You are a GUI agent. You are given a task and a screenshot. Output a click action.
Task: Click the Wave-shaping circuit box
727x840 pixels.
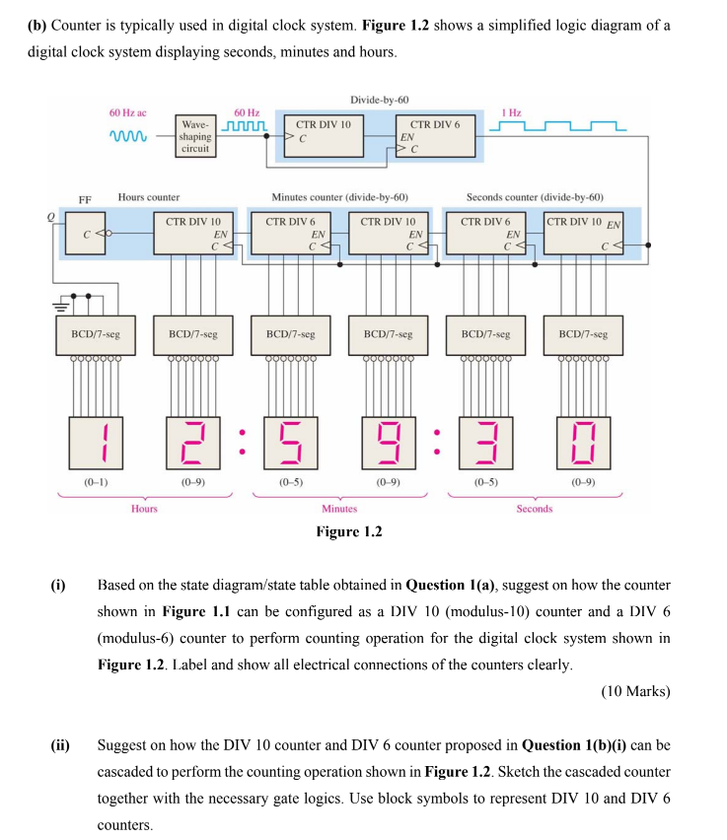[x=195, y=136]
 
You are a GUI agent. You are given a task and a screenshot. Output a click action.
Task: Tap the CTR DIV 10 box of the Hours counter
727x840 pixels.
[x=193, y=235]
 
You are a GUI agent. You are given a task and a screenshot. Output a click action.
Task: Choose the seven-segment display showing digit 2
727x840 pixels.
[x=193, y=442]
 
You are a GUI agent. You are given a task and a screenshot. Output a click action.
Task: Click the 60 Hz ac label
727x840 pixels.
[x=127, y=113]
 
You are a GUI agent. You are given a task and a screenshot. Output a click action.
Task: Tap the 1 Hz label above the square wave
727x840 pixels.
[x=512, y=113]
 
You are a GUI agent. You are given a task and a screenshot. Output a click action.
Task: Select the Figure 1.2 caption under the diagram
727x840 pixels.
[x=348, y=532]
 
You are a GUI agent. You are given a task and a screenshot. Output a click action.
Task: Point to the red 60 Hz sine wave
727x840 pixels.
[x=127, y=136]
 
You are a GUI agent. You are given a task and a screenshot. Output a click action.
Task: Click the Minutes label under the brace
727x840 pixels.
[x=339, y=509]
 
